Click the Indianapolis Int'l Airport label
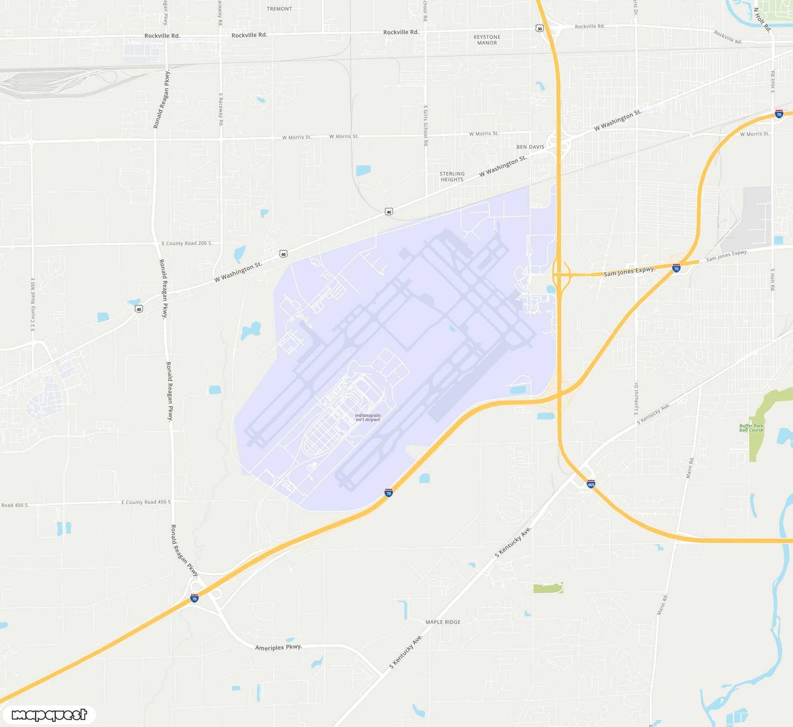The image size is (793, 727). pos(368,418)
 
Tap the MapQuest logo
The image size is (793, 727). pos(49,714)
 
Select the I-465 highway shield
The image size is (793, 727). pos(591,484)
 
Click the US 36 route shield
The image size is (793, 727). pos(540,28)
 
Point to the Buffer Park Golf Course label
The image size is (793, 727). pos(751,428)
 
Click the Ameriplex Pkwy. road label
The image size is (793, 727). pos(278,647)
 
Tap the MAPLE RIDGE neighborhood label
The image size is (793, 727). pos(443,622)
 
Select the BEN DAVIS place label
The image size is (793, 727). pos(530,147)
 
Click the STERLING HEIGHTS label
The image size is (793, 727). pos(452,177)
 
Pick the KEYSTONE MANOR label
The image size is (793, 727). pos(487,40)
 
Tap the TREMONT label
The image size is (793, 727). pos(279,9)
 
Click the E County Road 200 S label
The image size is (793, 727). pos(186,243)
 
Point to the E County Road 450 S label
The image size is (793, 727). pos(146,502)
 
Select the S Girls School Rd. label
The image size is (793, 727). pos(425,126)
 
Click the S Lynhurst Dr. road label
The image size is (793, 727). pos(636,398)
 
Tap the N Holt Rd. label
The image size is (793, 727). pos(762,19)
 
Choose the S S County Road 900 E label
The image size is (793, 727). pos(33,305)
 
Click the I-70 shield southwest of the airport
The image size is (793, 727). pos(389,493)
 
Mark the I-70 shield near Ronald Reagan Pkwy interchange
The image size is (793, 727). pos(195,598)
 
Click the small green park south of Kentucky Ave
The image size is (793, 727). pos(548,588)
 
